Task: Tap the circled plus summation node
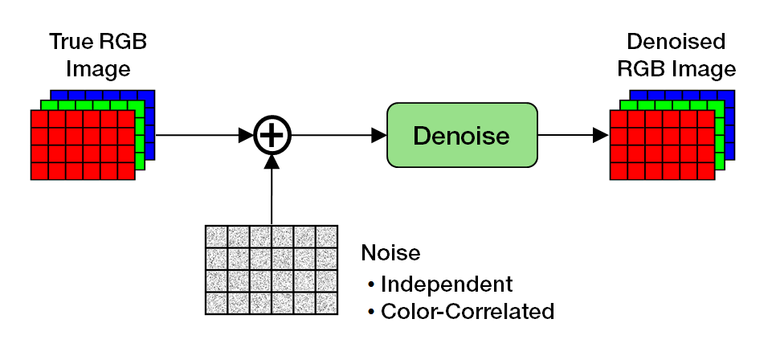tap(272, 135)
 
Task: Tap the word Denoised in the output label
tap(676, 42)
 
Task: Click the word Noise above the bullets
tap(391, 253)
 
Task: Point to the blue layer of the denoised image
tap(728, 96)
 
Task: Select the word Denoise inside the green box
tap(461, 136)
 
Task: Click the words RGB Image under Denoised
tap(676, 69)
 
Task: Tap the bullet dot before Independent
tap(371, 284)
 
